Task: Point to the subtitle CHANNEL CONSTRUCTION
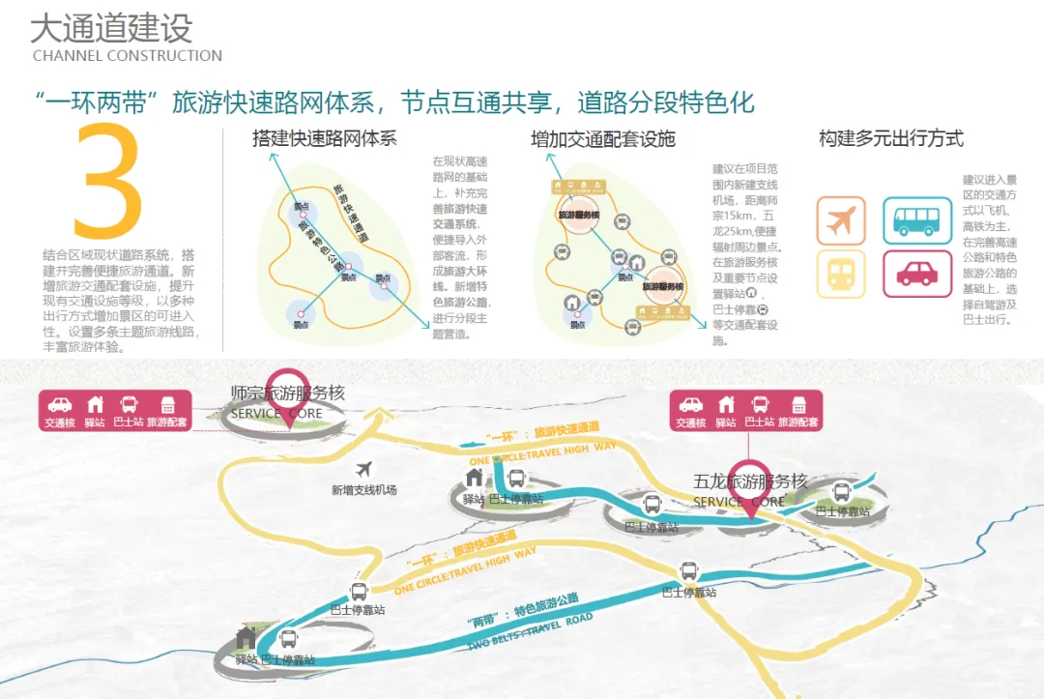(128, 55)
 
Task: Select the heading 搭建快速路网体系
(324, 137)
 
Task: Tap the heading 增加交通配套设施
(602, 139)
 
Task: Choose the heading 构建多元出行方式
(890, 138)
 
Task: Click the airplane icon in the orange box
(841, 220)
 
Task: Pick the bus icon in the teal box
(917, 220)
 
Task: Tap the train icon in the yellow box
(841, 273)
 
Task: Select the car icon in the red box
(917, 273)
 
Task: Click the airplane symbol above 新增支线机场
(364, 469)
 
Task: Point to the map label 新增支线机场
(364, 490)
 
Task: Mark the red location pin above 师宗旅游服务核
(287, 386)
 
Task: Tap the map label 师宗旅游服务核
(287, 393)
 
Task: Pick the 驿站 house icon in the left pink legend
(95, 405)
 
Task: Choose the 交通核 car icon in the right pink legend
(691, 405)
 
